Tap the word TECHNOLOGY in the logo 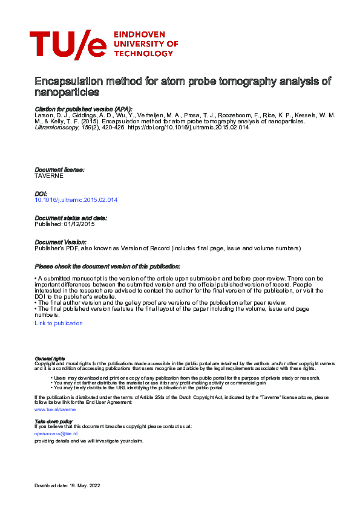point(143,53)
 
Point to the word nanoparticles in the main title point(67,93)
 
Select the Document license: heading point(59,170)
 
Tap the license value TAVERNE point(49,176)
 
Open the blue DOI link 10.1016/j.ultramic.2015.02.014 point(76,199)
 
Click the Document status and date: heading point(71,218)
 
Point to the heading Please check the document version point(107,267)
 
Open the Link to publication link point(59,323)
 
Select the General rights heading point(50,358)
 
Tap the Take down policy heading point(54,421)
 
